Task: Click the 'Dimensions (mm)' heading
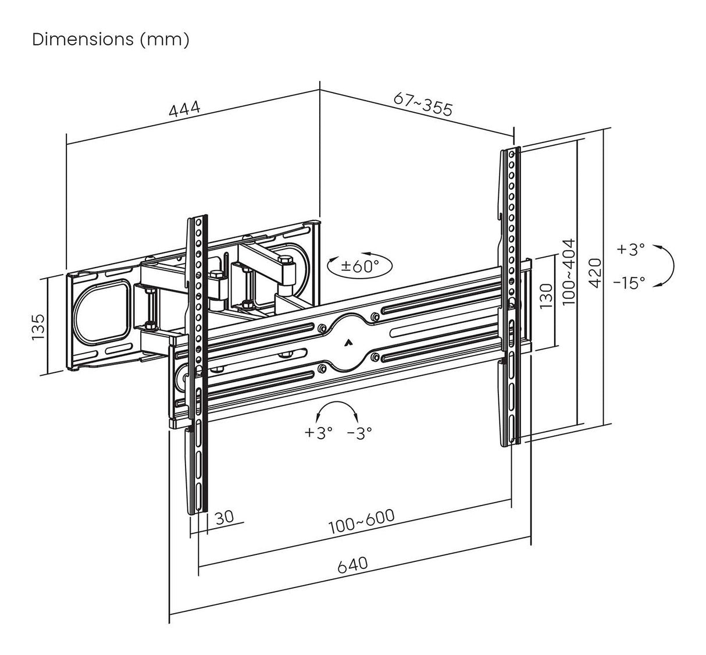coord(110,40)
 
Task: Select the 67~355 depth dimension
coord(423,104)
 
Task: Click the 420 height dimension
coord(594,272)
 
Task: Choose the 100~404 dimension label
coord(569,271)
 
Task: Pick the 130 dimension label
coord(547,297)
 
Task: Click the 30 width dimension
coord(224,517)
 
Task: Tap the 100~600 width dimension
coord(361,522)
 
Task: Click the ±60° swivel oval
coord(359,266)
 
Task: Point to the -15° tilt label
coord(629,283)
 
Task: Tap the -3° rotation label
coord(359,433)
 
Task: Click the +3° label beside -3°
coord(318,433)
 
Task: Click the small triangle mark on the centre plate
coord(349,343)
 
